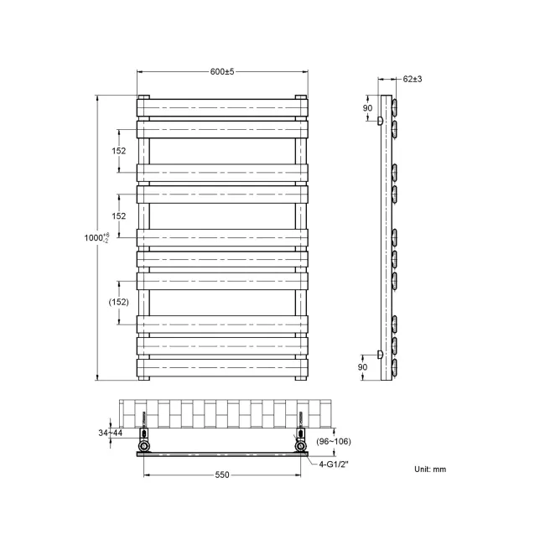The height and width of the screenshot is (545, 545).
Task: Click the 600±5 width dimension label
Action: click(x=222, y=71)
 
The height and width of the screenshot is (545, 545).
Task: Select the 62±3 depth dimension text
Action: click(x=413, y=79)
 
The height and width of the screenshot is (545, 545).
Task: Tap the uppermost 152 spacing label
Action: click(x=119, y=151)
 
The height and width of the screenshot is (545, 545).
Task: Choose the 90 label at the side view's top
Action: click(x=367, y=108)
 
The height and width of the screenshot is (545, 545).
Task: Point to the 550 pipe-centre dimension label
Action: click(x=221, y=475)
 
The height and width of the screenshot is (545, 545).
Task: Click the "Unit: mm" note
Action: click(x=430, y=469)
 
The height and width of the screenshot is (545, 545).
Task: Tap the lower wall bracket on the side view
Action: click(x=380, y=356)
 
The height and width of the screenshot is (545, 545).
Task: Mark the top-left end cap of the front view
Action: click(x=143, y=98)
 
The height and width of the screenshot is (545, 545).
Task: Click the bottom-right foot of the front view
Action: click(x=300, y=376)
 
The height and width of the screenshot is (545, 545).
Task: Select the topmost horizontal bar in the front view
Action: click(x=222, y=107)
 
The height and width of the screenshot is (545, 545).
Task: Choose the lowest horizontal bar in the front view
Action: click(x=222, y=366)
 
